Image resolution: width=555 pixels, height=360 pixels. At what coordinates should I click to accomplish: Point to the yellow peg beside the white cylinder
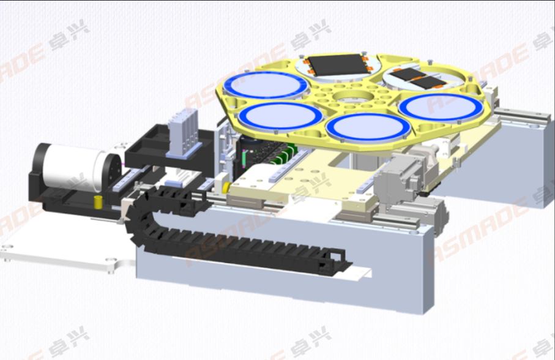(96, 201)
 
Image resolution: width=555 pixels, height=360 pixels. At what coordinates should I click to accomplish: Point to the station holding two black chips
(419, 79)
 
